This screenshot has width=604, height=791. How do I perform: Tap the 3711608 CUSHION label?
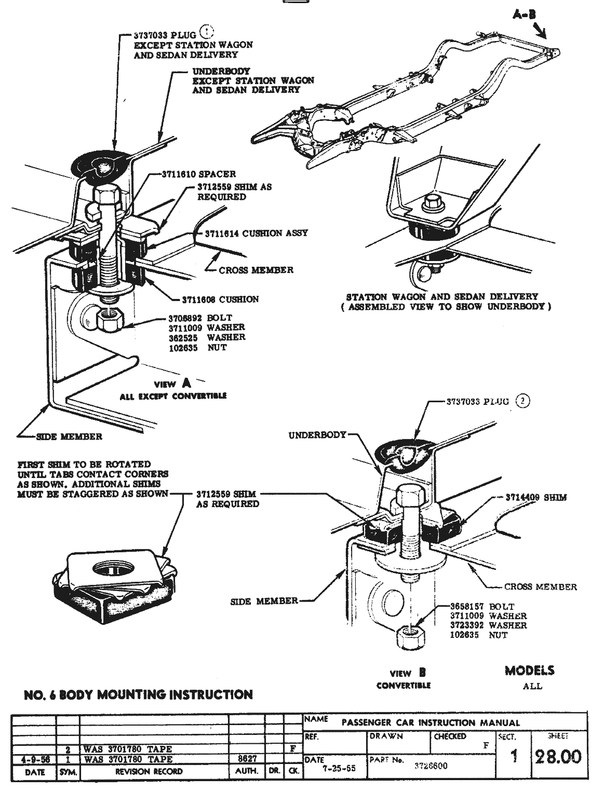(220, 299)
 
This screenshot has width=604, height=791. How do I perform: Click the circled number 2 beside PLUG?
(522, 401)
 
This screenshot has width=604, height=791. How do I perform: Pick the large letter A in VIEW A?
(185, 383)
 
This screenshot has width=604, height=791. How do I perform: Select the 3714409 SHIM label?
(536, 497)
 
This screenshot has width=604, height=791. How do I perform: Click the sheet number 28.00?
(558, 757)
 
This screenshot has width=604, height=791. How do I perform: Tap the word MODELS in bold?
(529, 671)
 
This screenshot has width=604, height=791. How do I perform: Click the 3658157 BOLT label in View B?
(482, 606)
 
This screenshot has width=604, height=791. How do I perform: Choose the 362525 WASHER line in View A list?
(207, 337)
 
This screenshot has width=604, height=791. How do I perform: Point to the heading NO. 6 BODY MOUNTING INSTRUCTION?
(139, 694)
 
